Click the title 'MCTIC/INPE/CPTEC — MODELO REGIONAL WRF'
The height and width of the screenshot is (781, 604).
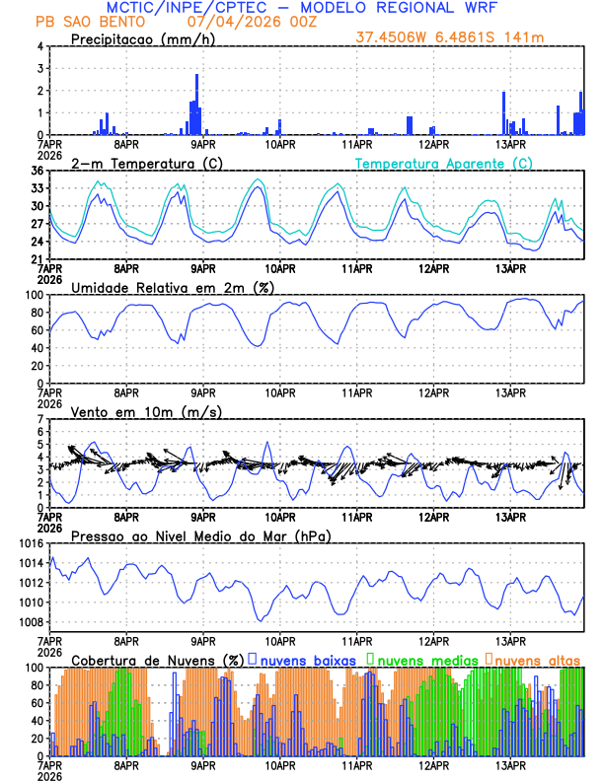tap(301, 8)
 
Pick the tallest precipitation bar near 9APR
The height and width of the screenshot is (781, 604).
tap(196, 104)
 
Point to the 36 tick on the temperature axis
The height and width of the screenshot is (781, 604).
tap(37, 171)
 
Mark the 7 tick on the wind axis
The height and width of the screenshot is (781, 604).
tap(40, 420)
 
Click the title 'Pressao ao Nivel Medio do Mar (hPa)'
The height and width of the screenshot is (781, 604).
tap(199, 535)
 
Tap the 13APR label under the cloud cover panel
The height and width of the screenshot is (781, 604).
tap(509, 765)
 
